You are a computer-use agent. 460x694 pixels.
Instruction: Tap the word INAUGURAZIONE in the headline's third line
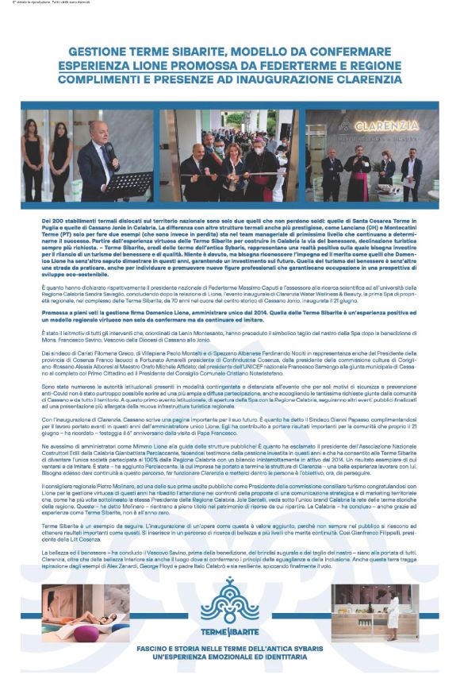coord(280,80)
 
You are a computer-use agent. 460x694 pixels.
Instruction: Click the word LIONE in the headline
coord(167,66)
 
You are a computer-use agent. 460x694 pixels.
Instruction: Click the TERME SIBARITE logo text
coord(229,633)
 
